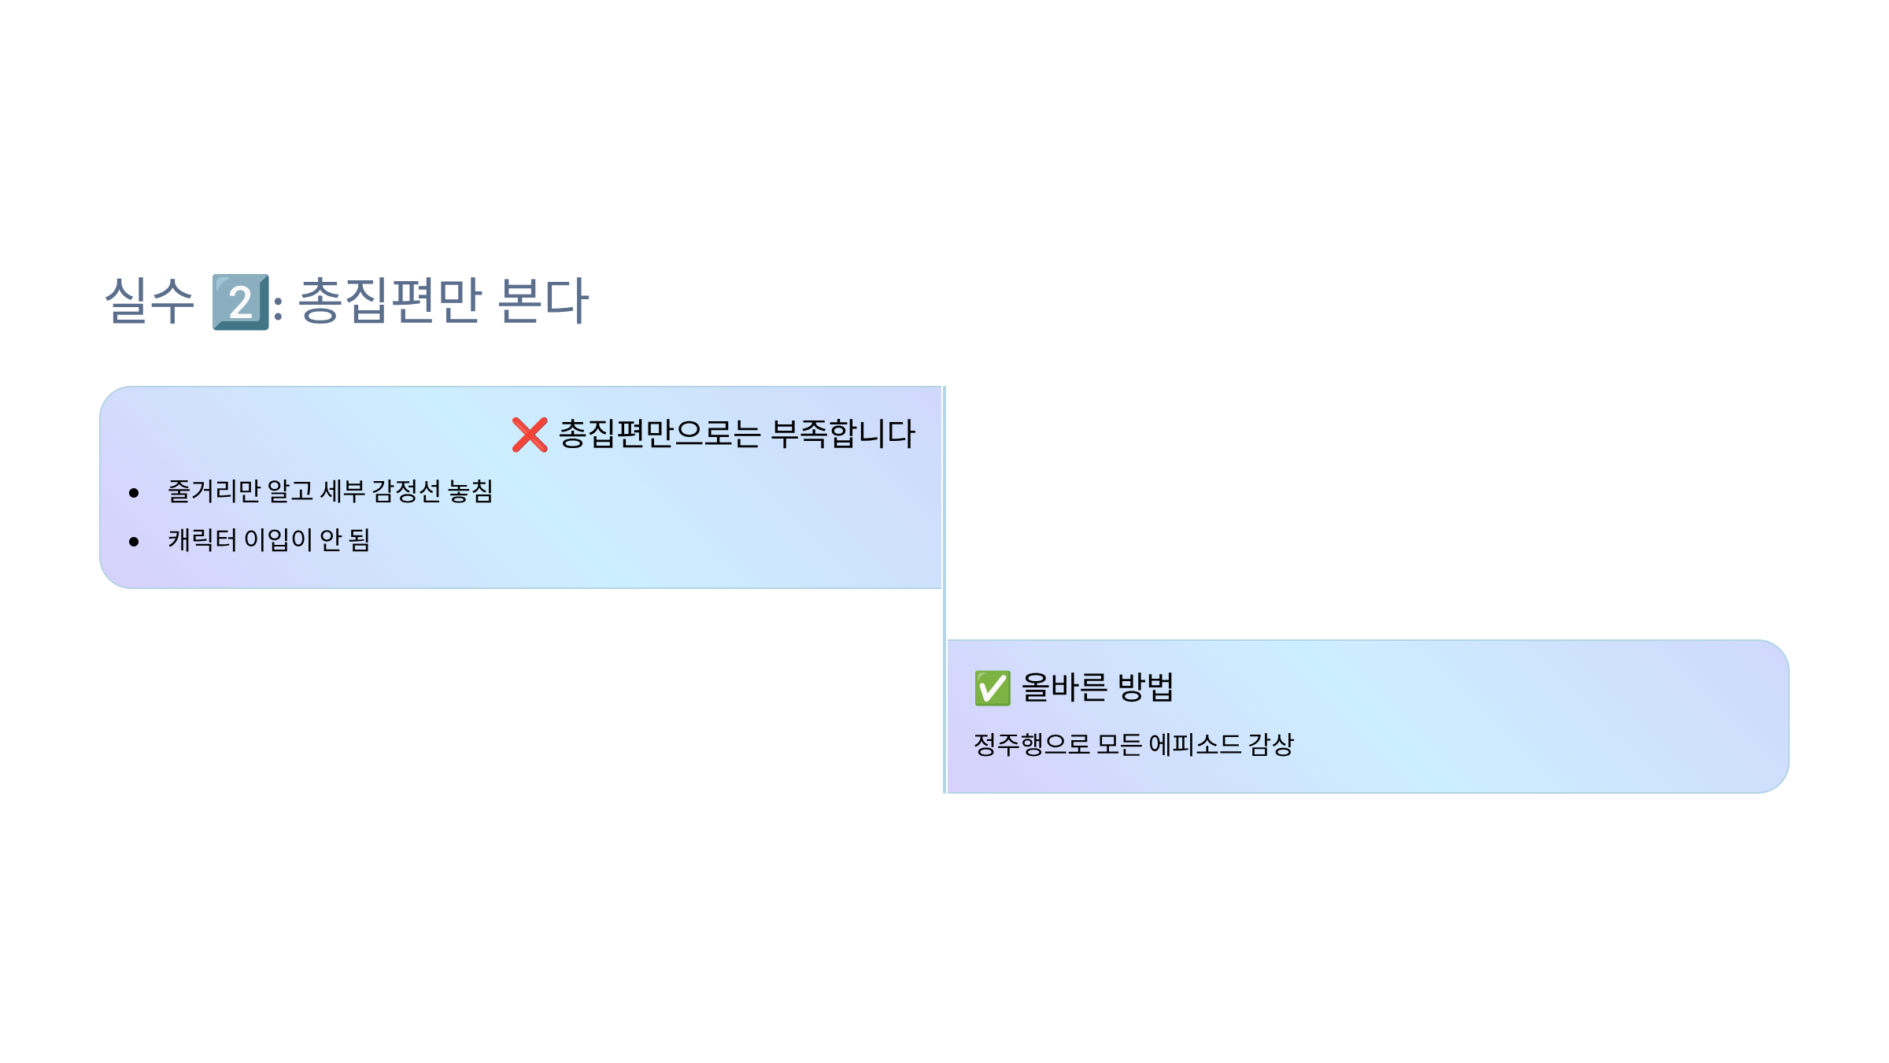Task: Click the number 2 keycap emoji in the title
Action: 241,302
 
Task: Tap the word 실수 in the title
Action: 150,301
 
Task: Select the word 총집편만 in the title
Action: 390,301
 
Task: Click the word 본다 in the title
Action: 543,301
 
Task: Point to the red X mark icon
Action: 530,435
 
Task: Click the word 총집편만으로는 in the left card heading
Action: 660,434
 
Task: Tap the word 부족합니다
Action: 843,434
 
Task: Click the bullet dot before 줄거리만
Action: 134,493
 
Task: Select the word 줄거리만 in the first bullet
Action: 213,491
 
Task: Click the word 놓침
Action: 470,491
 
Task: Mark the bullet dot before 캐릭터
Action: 134,542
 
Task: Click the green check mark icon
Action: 993,688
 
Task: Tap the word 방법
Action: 1145,687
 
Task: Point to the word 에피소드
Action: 1194,744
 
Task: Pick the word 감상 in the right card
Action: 1270,744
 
